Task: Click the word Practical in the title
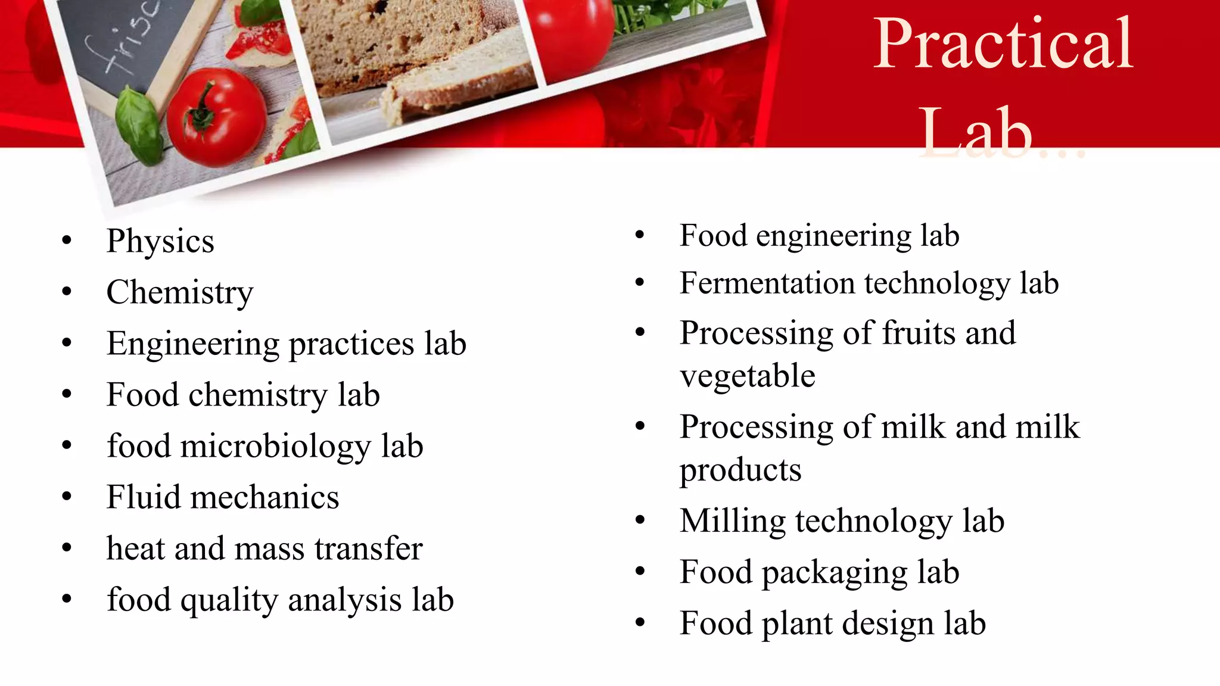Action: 1003,45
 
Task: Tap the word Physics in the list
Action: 160,242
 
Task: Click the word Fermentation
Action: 767,283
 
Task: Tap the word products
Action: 740,470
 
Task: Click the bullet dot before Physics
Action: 67,241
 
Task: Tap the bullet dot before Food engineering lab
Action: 640,235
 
